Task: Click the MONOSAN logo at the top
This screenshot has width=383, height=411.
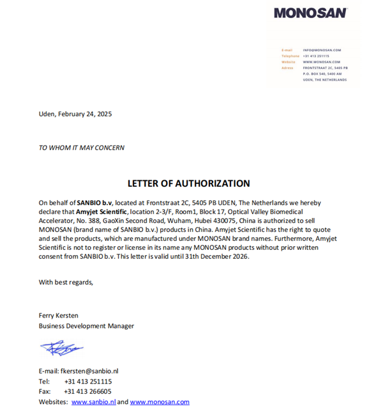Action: coord(310,13)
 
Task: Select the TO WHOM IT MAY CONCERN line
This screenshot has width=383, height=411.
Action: coord(82,148)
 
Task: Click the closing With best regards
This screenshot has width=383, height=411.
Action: coord(66,282)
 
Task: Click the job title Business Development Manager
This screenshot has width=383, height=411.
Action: coord(86,325)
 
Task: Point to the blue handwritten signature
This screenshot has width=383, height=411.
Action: coord(61,348)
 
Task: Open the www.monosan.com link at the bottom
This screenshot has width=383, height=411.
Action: coord(160,402)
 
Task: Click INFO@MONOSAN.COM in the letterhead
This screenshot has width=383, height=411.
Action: coord(322,50)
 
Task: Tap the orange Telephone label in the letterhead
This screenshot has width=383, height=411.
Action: coord(290,56)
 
